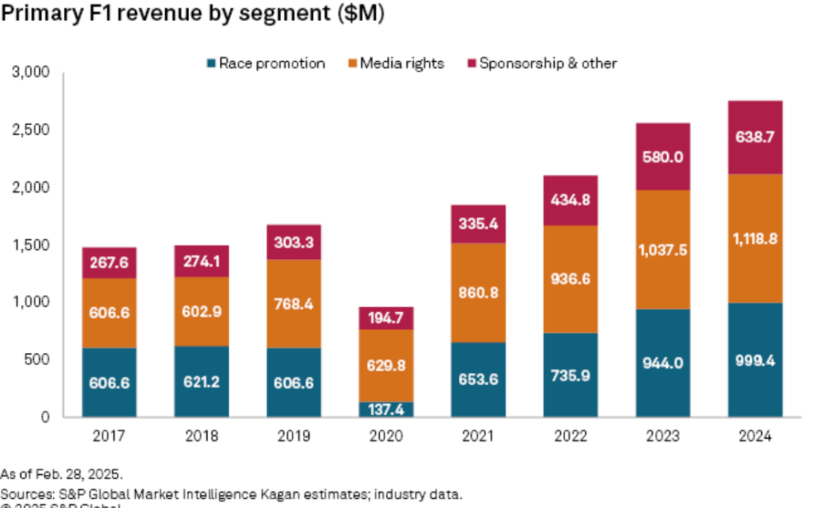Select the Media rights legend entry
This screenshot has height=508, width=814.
[x=395, y=63]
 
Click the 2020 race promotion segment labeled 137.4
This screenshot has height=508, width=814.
[x=386, y=409]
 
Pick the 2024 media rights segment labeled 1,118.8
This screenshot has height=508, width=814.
[x=754, y=239]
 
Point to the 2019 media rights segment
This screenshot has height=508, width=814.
[x=294, y=304]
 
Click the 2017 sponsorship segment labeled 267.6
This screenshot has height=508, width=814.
[x=110, y=263]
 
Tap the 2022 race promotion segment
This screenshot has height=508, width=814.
[x=571, y=375]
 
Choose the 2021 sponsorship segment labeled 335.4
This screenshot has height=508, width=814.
[x=479, y=224]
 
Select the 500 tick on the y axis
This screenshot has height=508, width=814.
[x=37, y=360]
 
